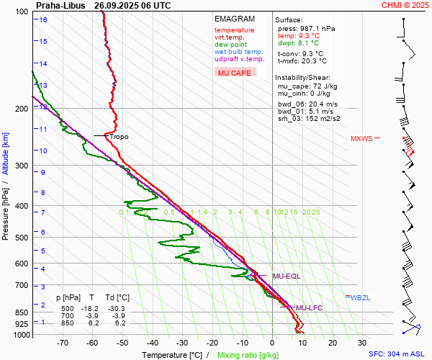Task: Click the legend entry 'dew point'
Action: [x=230, y=45]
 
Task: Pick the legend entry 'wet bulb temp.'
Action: [x=239, y=52]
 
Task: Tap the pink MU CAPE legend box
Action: [x=235, y=73]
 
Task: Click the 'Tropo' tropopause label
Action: [x=119, y=136]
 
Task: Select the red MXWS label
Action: [x=361, y=138]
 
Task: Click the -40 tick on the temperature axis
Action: [x=153, y=343]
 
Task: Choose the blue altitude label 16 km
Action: [x=43, y=19]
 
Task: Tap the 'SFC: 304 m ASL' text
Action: [x=397, y=354]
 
